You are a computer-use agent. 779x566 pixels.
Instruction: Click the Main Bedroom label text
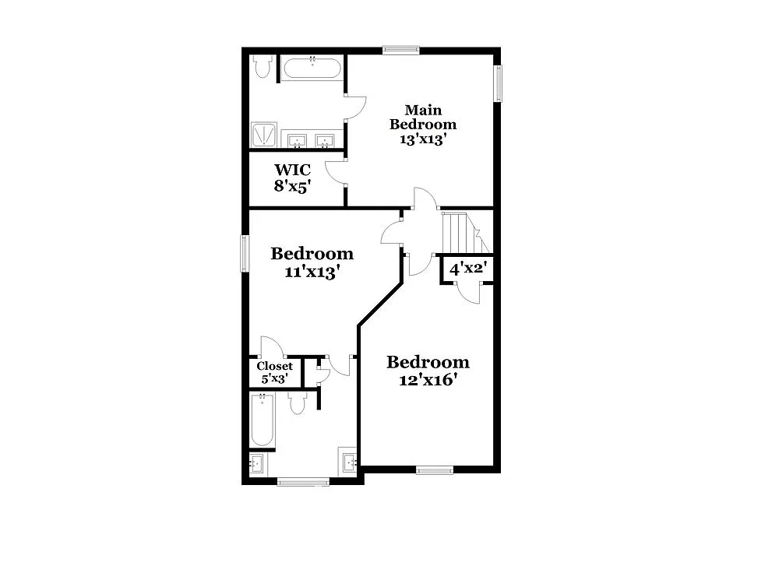(423, 117)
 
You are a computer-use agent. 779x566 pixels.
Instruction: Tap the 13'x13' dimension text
(423, 139)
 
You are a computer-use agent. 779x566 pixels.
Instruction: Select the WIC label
(292, 170)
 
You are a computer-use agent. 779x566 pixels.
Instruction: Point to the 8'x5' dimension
(292, 186)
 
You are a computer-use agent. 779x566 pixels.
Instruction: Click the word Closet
(275, 366)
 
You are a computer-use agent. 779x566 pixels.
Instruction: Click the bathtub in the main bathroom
(312, 68)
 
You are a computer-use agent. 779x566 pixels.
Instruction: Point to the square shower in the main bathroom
(263, 134)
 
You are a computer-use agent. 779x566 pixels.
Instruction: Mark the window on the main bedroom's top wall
(401, 51)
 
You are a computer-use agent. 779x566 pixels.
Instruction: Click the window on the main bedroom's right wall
(497, 83)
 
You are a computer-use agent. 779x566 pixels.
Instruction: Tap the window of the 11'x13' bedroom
(245, 254)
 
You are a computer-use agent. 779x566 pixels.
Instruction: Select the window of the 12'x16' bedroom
(434, 469)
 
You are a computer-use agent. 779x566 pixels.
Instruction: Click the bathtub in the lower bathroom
(263, 420)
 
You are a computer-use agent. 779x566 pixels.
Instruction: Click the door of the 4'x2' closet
(469, 291)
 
